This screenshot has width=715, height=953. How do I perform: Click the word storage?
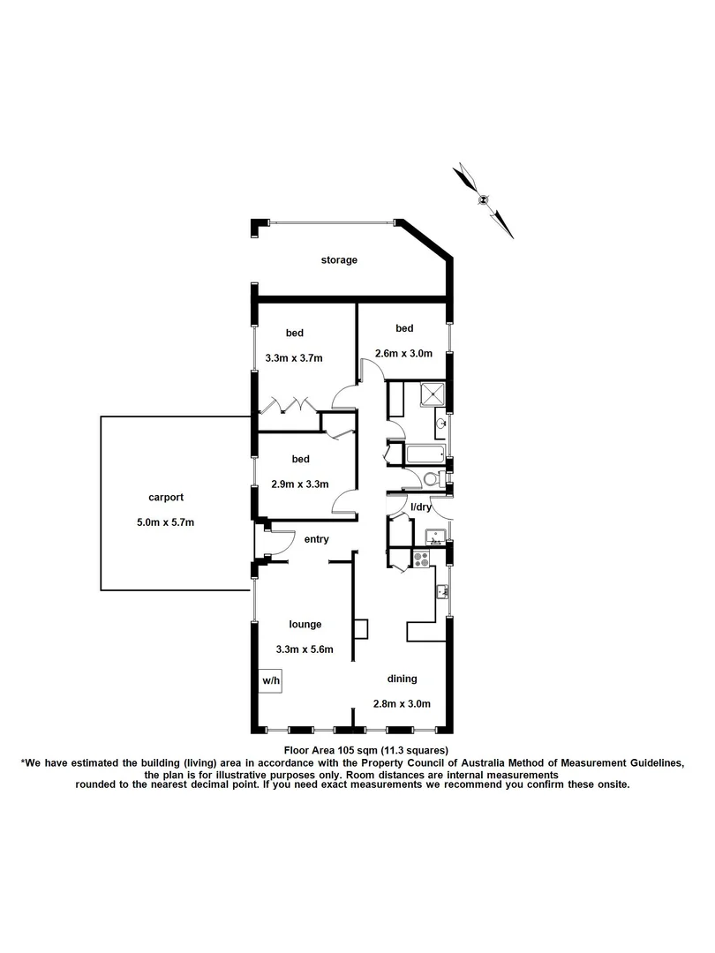point(339,260)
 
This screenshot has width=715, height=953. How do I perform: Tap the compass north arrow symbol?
point(484,199)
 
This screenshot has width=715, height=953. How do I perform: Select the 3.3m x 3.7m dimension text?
point(294,358)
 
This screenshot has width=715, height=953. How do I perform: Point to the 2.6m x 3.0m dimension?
point(403,354)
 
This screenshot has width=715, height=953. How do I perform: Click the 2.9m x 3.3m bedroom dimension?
point(299,484)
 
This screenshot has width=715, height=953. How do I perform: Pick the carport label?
point(166,497)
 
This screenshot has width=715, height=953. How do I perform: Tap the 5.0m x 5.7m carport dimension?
point(166,522)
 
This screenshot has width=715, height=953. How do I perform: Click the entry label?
point(316,539)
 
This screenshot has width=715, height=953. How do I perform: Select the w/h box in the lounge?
point(270,681)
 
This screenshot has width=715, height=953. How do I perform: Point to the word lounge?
point(304,624)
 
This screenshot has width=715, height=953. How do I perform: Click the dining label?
point(402,679)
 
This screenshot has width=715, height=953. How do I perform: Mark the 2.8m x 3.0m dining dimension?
point(402,703)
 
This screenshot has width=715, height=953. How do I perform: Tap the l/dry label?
point(423,507)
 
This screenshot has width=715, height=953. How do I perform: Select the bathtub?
point(425,456)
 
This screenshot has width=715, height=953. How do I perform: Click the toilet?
point(430,480)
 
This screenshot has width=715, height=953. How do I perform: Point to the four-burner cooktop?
point(421,558)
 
